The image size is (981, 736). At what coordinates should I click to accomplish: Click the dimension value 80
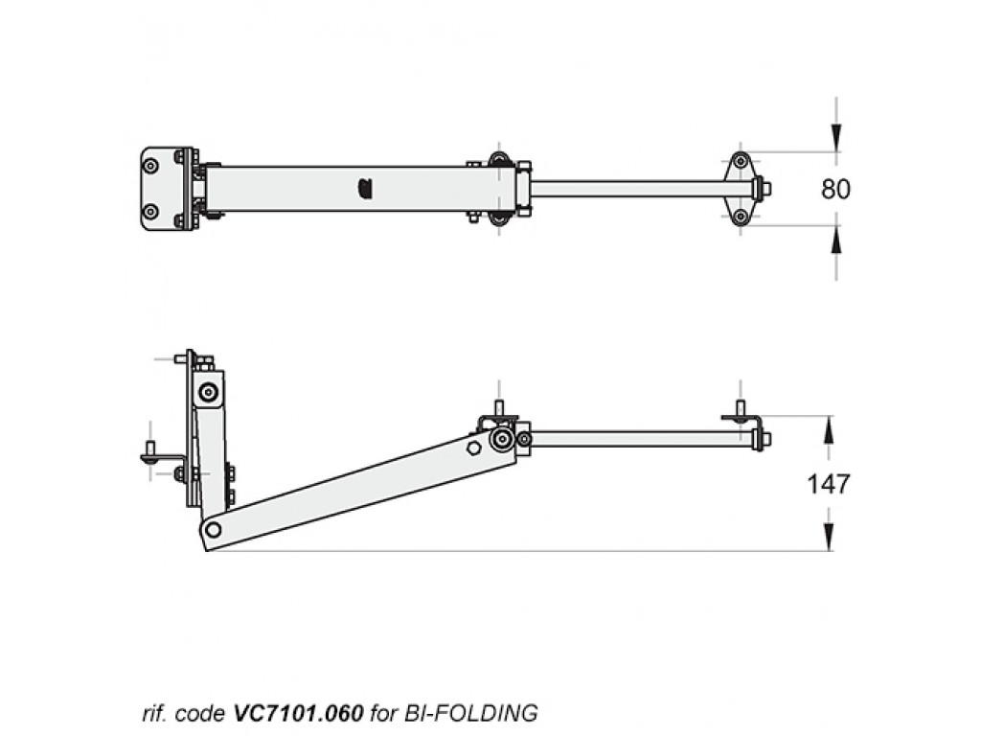(835, 189)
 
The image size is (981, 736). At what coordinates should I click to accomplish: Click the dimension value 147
(828, 484)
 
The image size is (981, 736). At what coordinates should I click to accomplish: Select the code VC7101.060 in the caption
(298, 713)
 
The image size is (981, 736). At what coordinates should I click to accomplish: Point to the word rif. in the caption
(153, 713)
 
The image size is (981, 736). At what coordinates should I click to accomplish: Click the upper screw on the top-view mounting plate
(150, 166)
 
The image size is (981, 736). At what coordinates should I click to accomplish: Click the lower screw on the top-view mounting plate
(150, 212)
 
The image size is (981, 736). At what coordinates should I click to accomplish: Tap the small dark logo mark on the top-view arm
(364, 189)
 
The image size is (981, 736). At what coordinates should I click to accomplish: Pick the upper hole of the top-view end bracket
(740, 161)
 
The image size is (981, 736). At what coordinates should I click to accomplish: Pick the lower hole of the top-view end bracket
(740, 217)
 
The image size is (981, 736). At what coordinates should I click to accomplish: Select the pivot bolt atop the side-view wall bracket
(208, 391)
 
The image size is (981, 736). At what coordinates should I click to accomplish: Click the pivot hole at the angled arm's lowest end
(213, 529)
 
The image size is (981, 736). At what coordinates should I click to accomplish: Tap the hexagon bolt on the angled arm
(474, 448)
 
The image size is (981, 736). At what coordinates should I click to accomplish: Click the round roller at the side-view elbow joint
(501, 440)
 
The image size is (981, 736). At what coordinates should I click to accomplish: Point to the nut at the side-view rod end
(763, 440)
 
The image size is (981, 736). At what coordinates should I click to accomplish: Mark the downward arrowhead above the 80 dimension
(835, 140)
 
